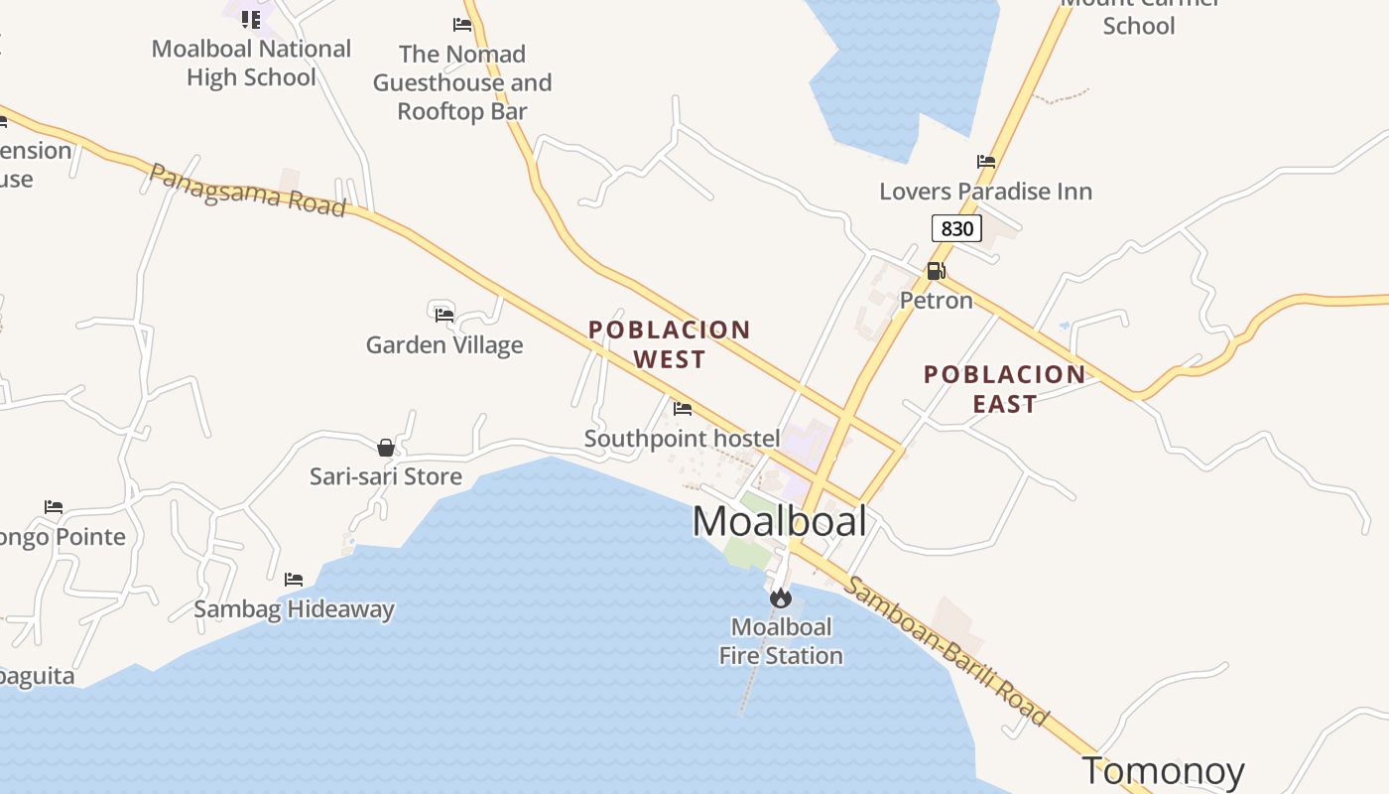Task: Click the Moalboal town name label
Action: coord(780,522)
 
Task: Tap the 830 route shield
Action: coord(956,229)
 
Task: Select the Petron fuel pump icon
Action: coord(936,271)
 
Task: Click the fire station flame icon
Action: coord(781,597)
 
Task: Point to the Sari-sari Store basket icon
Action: coord(386,448)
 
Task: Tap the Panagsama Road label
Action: coord(247,190)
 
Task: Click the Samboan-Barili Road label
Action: coord(946,649)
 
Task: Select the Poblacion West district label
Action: coord(670,343)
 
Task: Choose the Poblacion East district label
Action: coord(1004,388)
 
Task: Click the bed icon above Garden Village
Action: coord(444,315)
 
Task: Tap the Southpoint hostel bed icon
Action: coord(683,408)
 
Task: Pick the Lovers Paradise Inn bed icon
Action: coord(986,162)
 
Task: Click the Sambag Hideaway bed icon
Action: coord(294,580)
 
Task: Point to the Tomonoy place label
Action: coord(1163,770)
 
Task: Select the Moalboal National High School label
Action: coord(251,63)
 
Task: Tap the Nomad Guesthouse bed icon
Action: coord(462,25)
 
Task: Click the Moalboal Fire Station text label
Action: coord(781,641)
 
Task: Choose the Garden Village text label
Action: coord(444,345)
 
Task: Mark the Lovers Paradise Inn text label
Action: coord(985,192)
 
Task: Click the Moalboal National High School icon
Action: coord(251,19)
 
